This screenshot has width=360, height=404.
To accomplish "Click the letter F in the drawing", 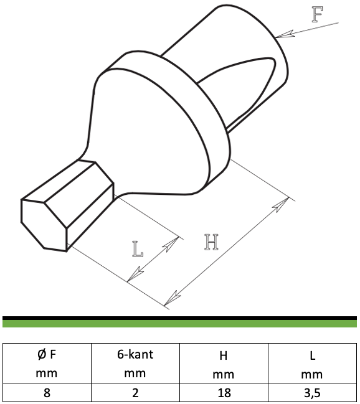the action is coord(318,14).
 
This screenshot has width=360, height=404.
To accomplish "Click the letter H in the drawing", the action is coord(212,242).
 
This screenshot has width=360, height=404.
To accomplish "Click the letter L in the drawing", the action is coord(138,249).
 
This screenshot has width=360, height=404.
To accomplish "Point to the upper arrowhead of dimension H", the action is coord(281,205).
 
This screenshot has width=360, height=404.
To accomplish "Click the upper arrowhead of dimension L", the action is coord(171,244).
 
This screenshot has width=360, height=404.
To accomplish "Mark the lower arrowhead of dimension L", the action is coord(135,274).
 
